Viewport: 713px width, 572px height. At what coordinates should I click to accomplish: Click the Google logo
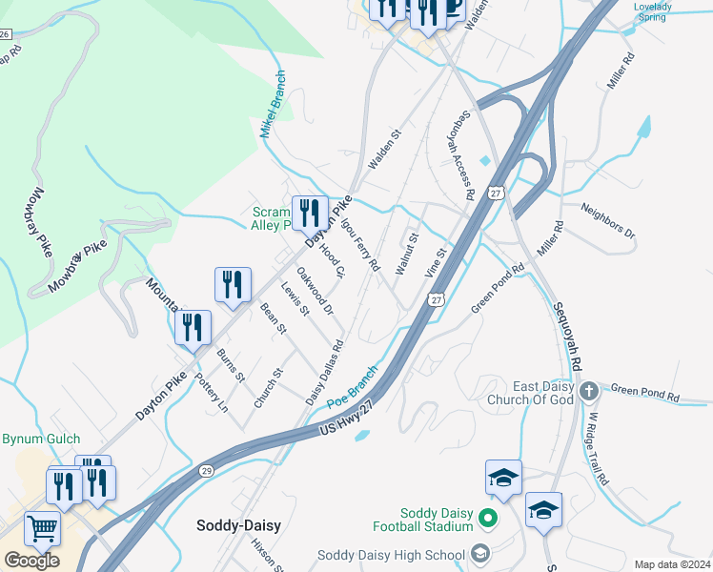coord(31,560)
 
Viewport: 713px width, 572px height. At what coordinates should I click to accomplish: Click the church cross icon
coord(589,391)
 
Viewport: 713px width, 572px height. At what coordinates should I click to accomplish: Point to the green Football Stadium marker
coord(487,520)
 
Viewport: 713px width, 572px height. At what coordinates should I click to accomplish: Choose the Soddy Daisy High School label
coord(392,555)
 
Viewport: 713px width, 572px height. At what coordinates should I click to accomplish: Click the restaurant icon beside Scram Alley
coord(309,213)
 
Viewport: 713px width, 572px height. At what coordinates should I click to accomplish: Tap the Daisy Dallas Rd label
coord(324,372)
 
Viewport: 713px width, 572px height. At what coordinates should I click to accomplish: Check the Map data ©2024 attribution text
coord(672,564)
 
